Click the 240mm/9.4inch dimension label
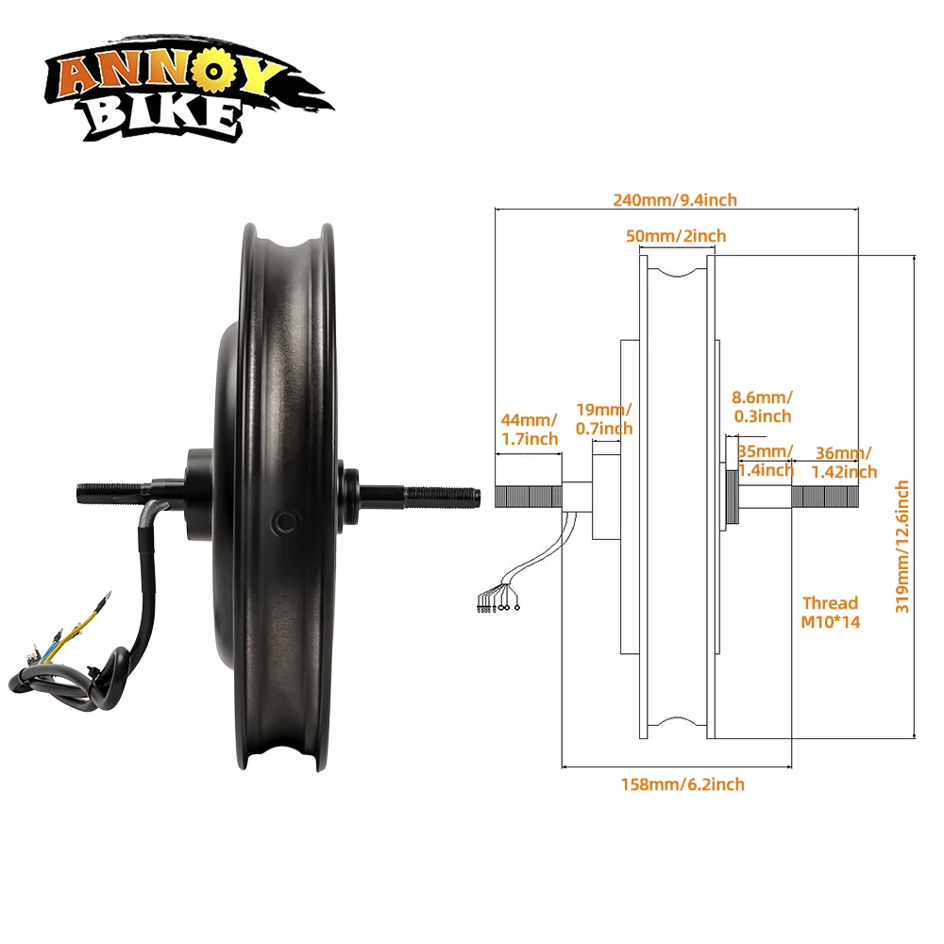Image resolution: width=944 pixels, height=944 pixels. click(x=675, y=200)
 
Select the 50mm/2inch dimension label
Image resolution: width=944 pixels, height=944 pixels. click(x=676, y=236)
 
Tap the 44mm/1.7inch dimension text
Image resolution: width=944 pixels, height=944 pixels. click(x=530, y=430)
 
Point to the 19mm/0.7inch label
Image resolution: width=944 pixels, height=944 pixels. click(x=604, y=419)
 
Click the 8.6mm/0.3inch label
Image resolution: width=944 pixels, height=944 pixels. click(x=762, y=407)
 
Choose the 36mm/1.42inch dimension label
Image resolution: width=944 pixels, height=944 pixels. click(x=844, y=463)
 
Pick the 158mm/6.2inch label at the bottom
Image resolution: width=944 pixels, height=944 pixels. click(x=683, y=784)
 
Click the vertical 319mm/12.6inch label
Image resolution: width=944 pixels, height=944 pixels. click(x=902, y=547)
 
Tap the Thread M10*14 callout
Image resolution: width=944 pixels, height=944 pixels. click(x=830, y=613)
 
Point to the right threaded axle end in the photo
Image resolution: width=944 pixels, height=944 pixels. click(x=443, y=497)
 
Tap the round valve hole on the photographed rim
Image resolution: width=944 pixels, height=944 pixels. click(x=286, y=523)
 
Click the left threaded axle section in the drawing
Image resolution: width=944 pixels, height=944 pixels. click(x=528, y=497)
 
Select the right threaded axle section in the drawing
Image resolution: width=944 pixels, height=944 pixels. click(x=825, y=497)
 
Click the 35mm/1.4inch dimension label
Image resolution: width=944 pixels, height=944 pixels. click(x=766, y=461)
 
